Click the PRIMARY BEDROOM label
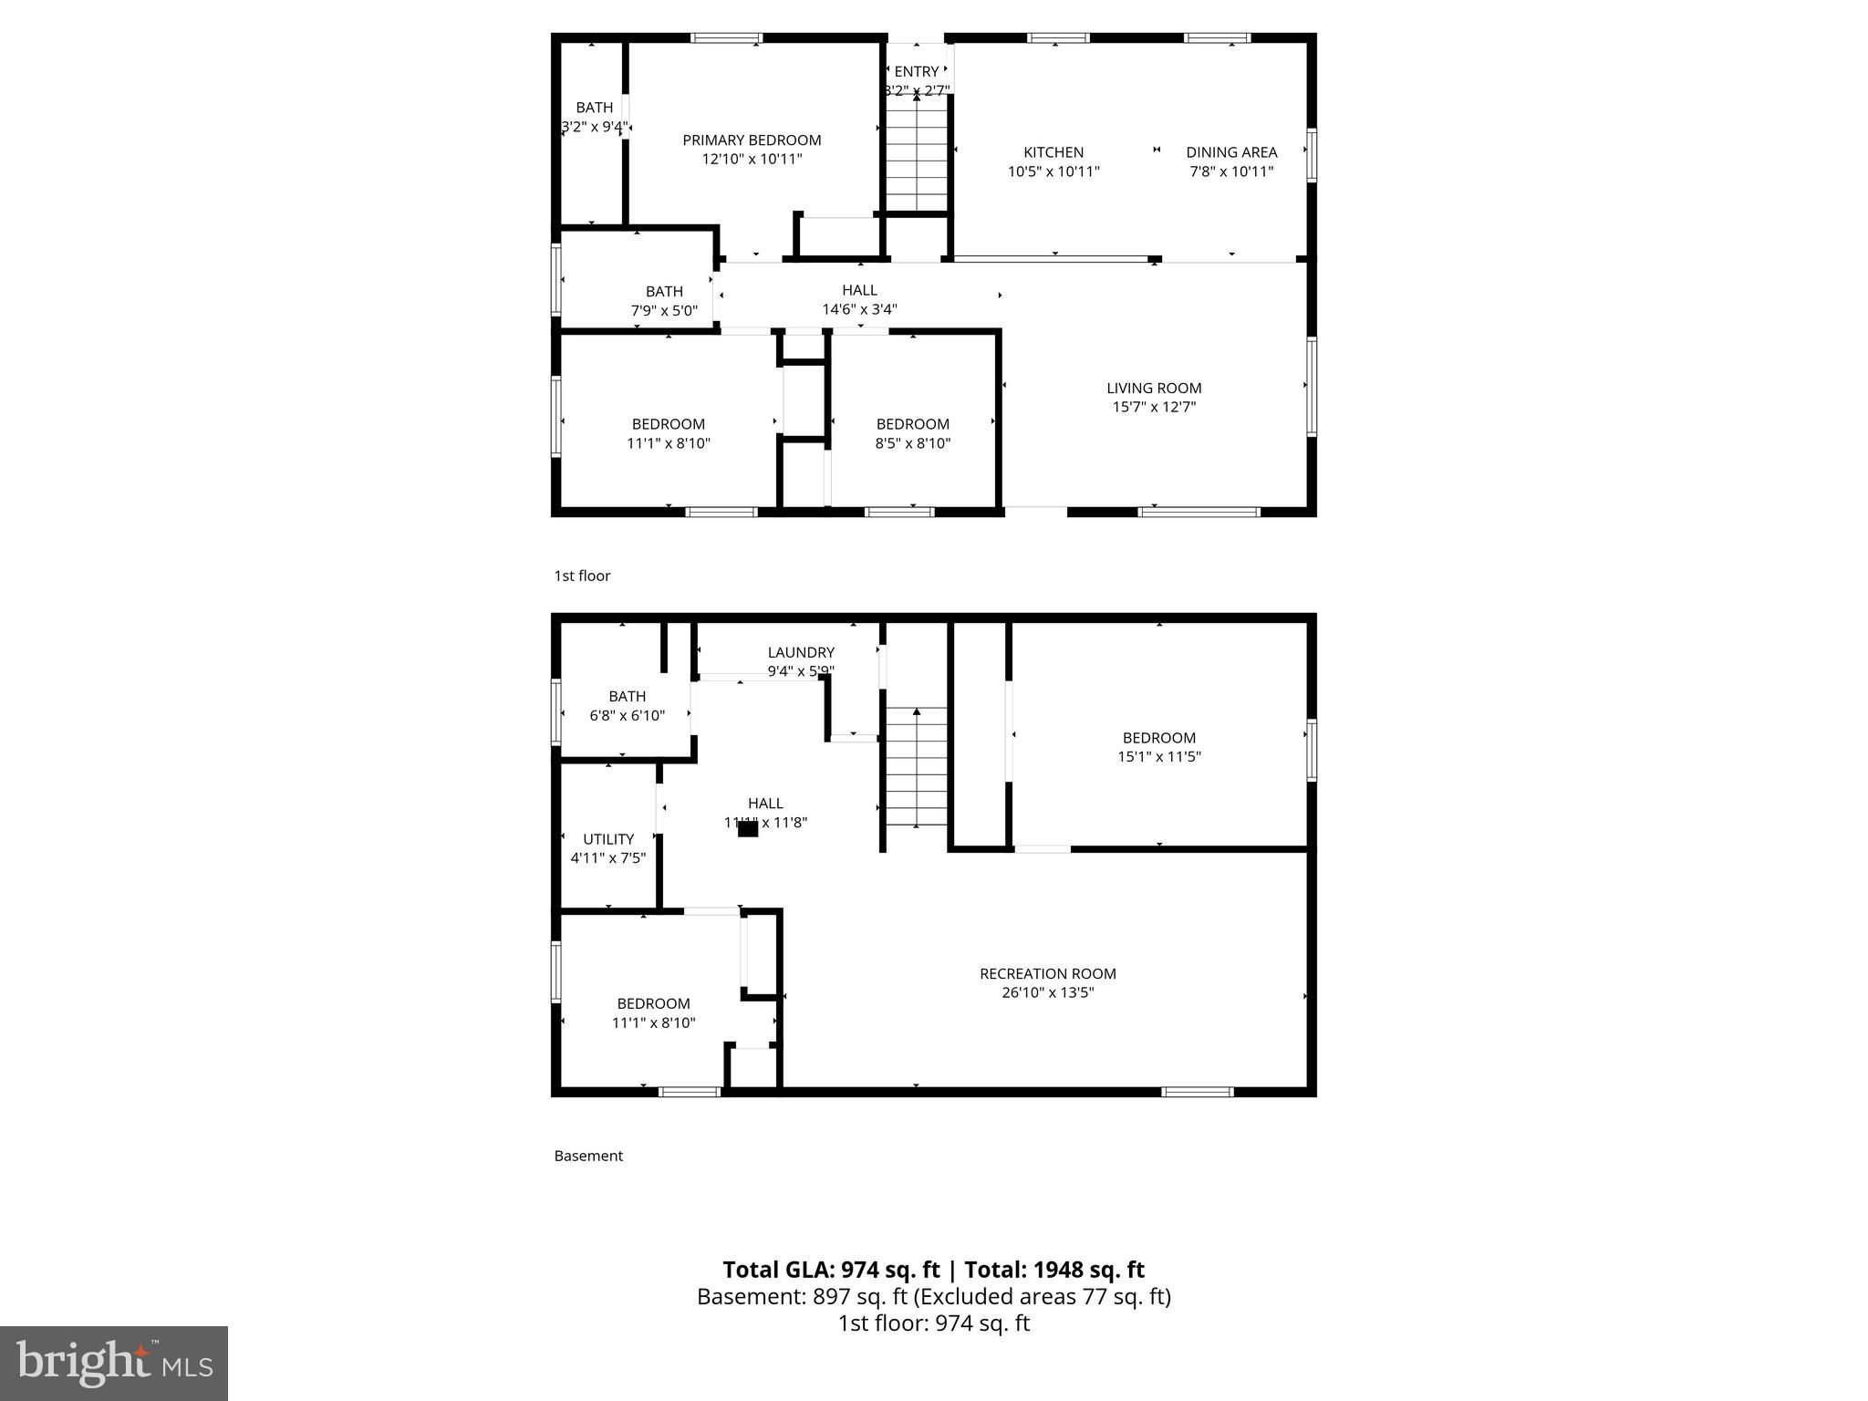752,140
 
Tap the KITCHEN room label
1053,152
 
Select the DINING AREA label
1231,152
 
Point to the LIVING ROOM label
1154,389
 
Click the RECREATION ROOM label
1048,974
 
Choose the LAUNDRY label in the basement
801,653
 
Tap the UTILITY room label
608,839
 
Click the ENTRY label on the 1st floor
917,72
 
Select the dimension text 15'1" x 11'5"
1159,757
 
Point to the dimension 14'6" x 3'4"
859,309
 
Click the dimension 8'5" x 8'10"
913,443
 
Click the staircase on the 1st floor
916,155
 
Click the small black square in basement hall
748,829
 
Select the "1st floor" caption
582,576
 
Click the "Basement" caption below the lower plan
588,1156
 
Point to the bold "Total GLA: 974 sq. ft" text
831,1270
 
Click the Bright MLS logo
114,1363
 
